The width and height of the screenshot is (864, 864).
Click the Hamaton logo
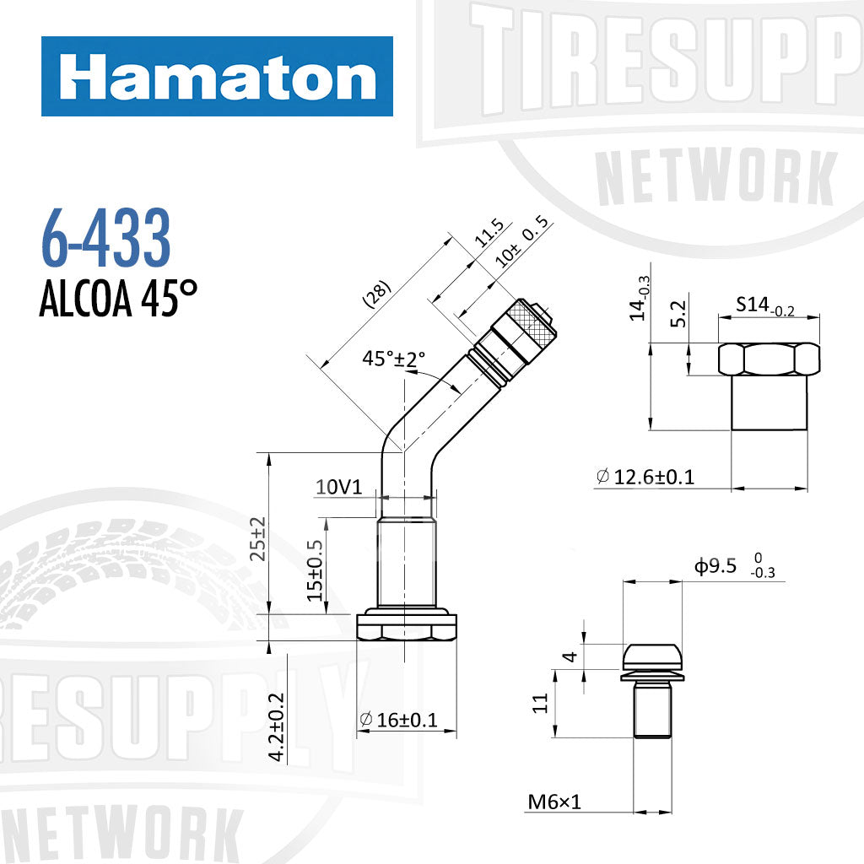[217, 77]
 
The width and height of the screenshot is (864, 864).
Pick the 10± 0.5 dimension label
[522, 245]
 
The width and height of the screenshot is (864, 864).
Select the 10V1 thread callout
[338, 487]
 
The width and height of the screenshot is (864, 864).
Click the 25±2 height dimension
[258, 538]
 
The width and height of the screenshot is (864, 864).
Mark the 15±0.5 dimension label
[316, 571]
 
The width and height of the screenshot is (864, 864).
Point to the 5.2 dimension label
[675, 316]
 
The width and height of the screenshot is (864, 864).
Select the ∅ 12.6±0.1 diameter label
[645, 477]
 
